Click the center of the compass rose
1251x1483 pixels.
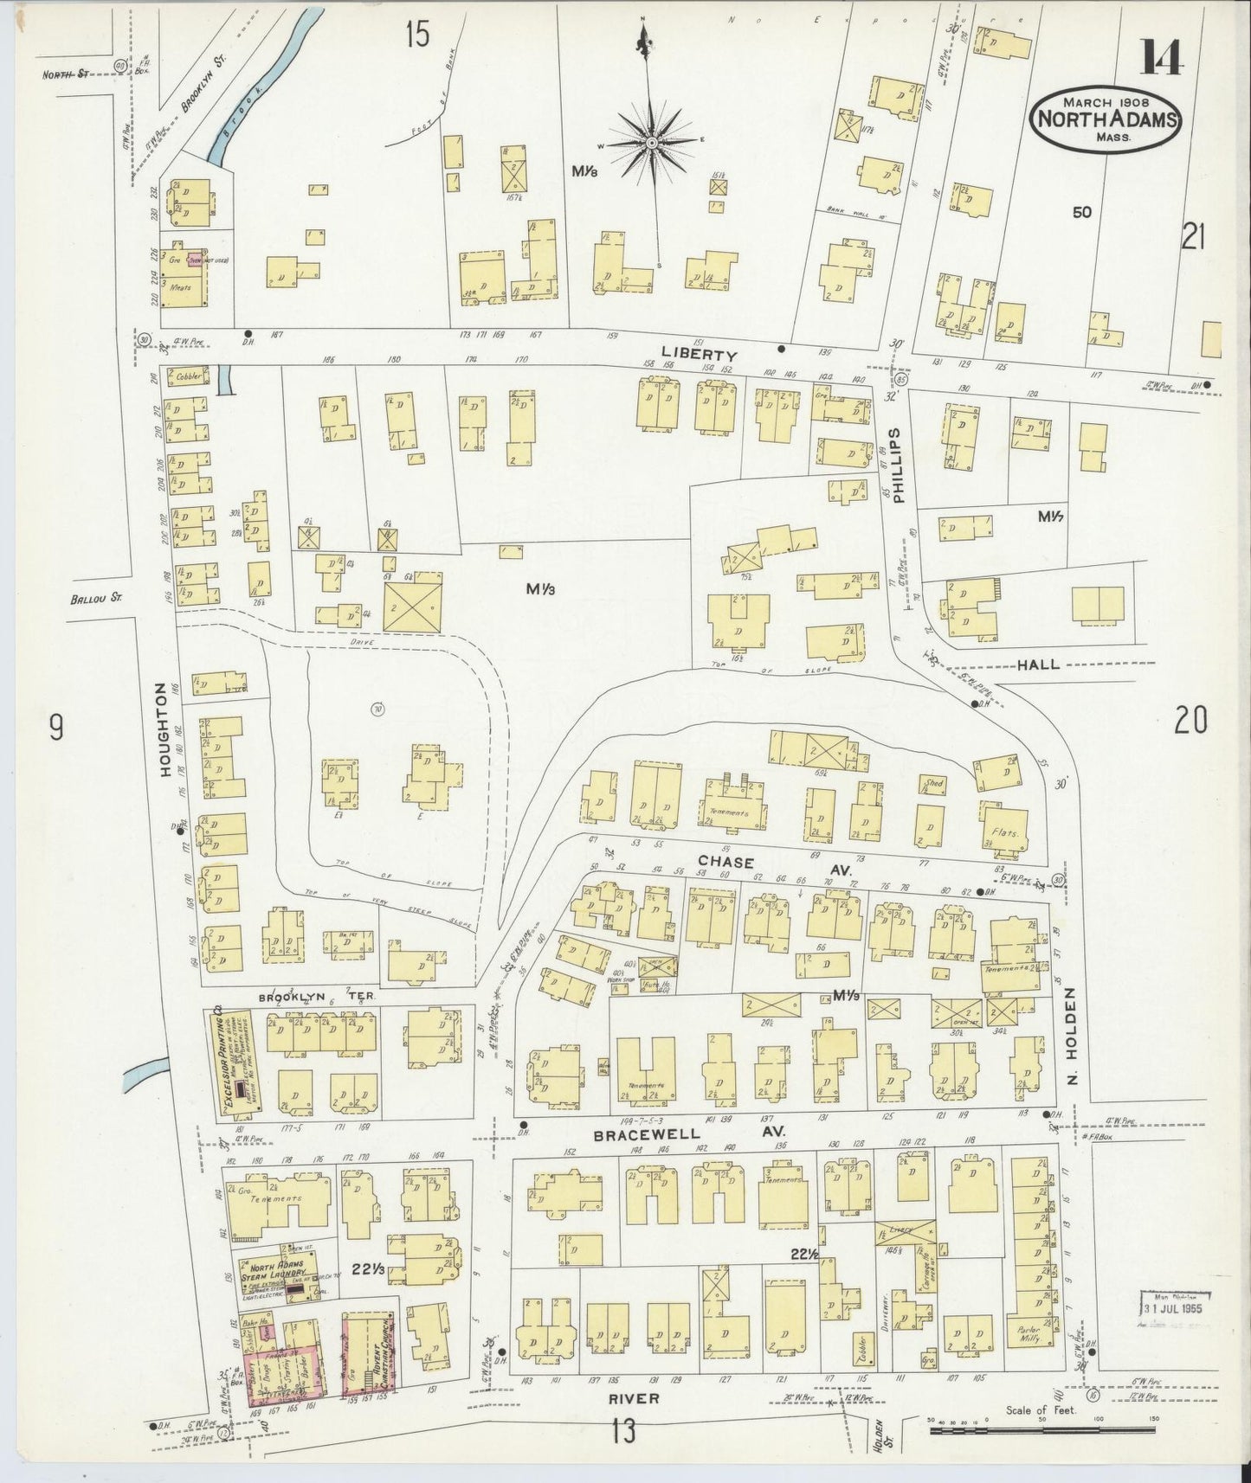click(x=651, y=141)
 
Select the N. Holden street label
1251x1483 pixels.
click(x=1071, y=1029)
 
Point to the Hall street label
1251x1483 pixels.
click(x=1038, y=664)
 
